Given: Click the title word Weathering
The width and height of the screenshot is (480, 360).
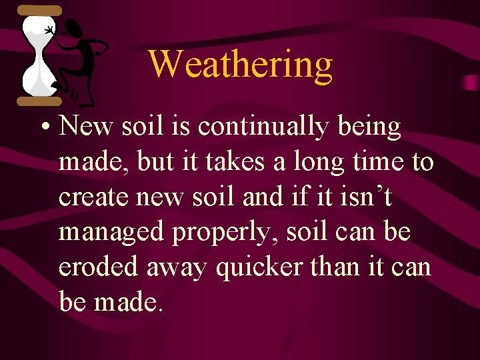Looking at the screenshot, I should pyautogui.click(x=240, y=65).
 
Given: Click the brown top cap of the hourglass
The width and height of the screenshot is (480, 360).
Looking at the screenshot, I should pyautogui.click(x=39, y=11).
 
